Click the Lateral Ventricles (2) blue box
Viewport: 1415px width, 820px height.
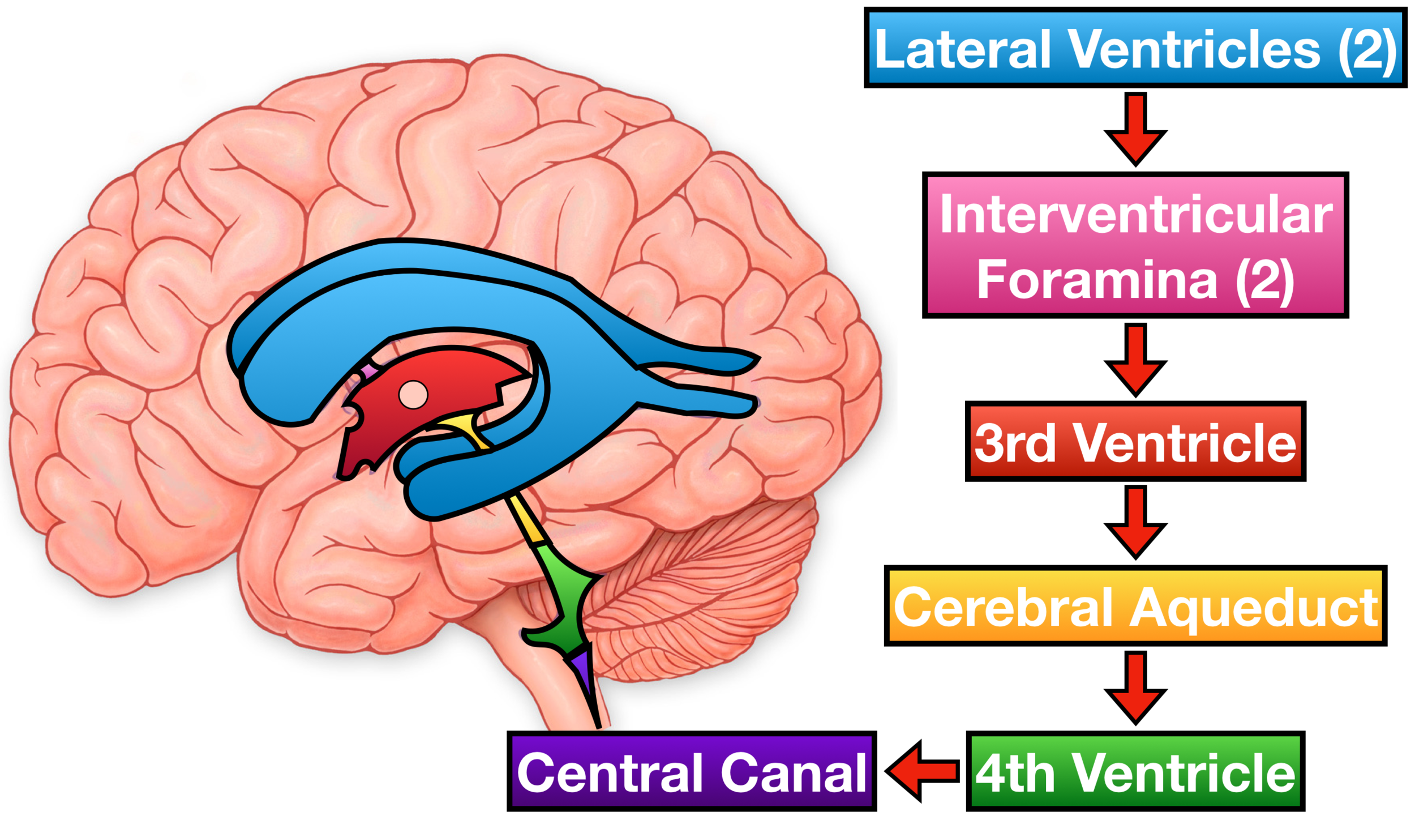click(x=1134, y=48)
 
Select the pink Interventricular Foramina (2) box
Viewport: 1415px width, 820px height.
click(x=1134, y=245)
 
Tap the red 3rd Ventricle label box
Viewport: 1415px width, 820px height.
click(x=1134, y=442)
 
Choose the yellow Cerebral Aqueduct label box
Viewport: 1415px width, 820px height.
click(x=1134, y=606)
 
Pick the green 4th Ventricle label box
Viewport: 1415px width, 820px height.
click(x=1134, y=771)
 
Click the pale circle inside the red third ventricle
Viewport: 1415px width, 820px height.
click(x=413, y=395)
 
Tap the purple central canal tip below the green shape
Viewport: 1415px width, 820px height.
click(x=583, y=668)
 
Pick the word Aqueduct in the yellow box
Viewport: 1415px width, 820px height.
click(x=1254, y=607)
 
